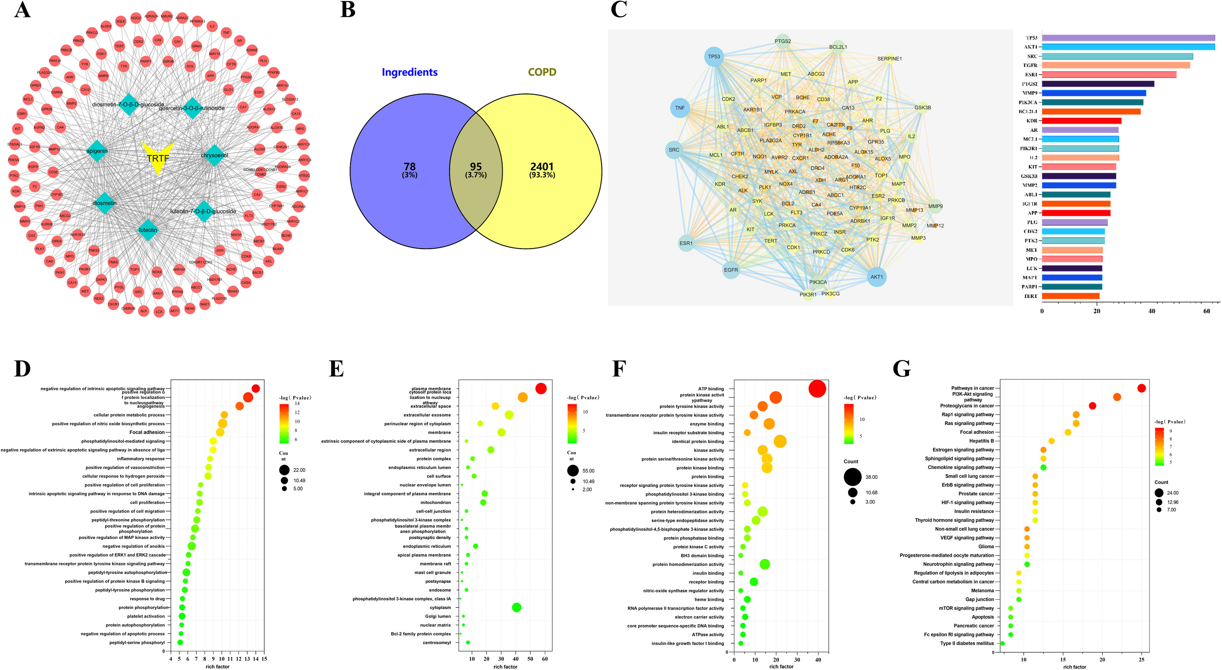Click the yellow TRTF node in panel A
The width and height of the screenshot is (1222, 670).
(158, 157)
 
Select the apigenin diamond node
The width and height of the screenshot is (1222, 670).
(97, 151)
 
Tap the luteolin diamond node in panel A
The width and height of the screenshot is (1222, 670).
(147, 230)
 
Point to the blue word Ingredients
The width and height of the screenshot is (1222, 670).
(410, 72)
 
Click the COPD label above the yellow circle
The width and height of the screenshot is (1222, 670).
(542, 72)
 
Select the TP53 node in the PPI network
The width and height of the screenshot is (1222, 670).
(713, 57)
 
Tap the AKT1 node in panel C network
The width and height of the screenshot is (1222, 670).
(876, 277)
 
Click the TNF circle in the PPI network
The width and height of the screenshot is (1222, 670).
(680, 108)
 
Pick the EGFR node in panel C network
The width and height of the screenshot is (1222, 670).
(731, 270)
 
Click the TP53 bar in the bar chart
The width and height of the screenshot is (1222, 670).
(1128, 38)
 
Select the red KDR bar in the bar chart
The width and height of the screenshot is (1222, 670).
(1081, 121)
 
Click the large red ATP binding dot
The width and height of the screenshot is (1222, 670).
(817, 389)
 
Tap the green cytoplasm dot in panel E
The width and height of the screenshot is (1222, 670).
(517, 607)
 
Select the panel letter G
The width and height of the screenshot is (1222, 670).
(901, 368)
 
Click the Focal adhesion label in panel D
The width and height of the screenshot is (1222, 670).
(147, 432)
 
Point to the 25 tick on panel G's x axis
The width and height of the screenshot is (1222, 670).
(1141, 660)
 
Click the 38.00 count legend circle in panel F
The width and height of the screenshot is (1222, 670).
(852, 477)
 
